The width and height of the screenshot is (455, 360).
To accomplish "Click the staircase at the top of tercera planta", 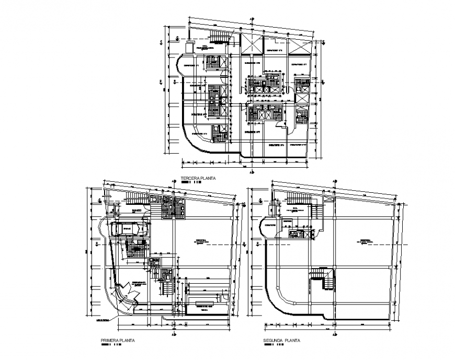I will (220, 36).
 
